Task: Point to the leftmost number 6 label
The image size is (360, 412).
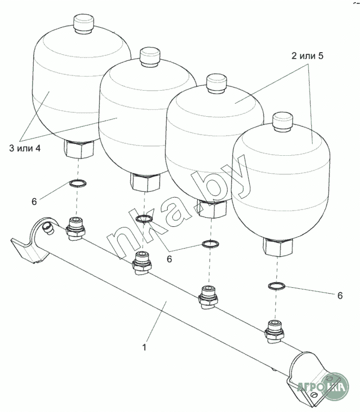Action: click(34, 201)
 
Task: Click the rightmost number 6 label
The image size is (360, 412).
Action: click(340, 296)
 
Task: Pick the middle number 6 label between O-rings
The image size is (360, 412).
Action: click(169, 259)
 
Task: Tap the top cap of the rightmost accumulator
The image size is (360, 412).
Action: click(283, 122)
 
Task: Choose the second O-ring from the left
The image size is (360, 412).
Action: click(144, 218)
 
